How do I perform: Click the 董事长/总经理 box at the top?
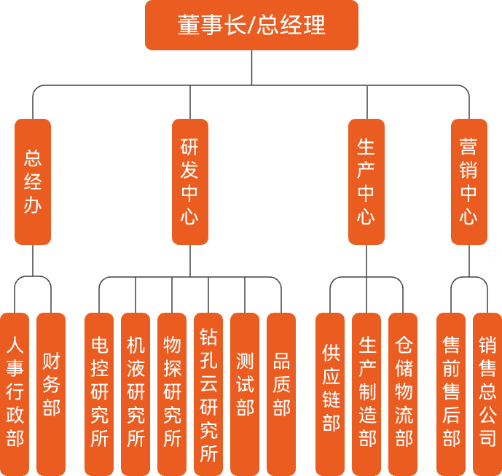(251, 26)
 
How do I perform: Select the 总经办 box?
(33, 182)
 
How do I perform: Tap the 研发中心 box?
(189, 182)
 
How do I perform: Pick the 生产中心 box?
(366, 182)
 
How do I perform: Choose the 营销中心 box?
(469, 182)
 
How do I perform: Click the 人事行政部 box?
(15, 394)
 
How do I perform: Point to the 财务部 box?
(51, 394)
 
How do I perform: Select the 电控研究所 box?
(99, 394)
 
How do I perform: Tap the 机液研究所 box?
(136, 394)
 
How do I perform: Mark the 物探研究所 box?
(172, 394)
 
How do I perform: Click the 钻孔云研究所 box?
(208, 394)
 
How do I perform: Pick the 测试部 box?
(245, 394)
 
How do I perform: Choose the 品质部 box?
(281, 394)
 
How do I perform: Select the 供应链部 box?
(330, 394)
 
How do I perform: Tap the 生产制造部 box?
(366, 394)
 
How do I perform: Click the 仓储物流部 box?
(403, 394)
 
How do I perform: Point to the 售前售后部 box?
(451, 394)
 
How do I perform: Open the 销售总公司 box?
(487, 394)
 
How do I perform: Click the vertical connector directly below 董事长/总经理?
(251, 67)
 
